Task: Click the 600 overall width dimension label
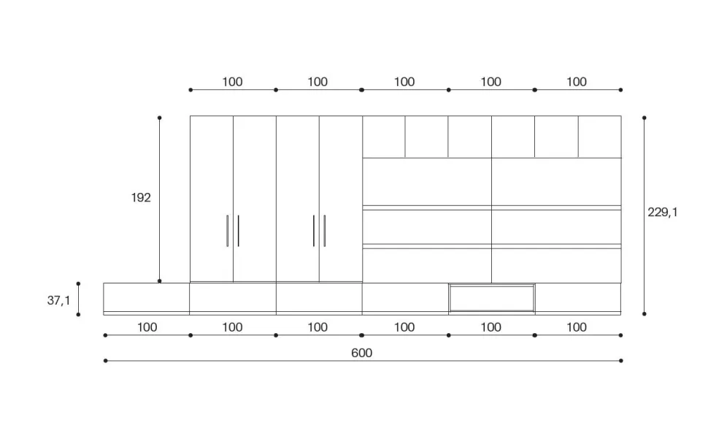pyautogui.click(x=362, y=353)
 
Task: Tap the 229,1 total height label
pyautogui.click(x=663, y=213)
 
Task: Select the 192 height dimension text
pyautogui.click(x=141, y=197)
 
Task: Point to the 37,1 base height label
pyautogui.click(x=58, y=300)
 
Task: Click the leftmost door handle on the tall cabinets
pyautogui.click(x=228, y=231)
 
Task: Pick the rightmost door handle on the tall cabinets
pyautogui.click(x=325, y=231)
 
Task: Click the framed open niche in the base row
pyautogui.click(x=492, y=298)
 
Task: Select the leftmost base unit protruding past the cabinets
pyautogui.click(x=146, y=298)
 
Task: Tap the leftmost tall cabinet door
pyautogui.click(x=212, y=199)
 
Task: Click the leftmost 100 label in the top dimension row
pyautogui.click(x=232, y=82)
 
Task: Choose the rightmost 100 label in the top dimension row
pyautogui.click(x=577, y=82)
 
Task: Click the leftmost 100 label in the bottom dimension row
pyautogui.click(x=147, y=327)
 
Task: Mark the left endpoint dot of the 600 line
pyautogui.click(x=105, y=361)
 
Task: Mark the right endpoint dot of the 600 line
pyautogui.click(x=621, y=361)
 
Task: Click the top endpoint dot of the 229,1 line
pyautogui.click(x=644, y=118)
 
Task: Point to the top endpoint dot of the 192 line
pyautogui.click(x=159, y=118)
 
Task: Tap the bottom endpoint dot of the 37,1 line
pyautogui.click(x=78, y=314)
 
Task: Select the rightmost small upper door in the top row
pyautogui.click(x=600, y=137)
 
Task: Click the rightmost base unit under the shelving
pyautogui.click(x=578, y=298)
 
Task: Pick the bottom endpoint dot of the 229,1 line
pyautogui.click(x=644, y=313)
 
